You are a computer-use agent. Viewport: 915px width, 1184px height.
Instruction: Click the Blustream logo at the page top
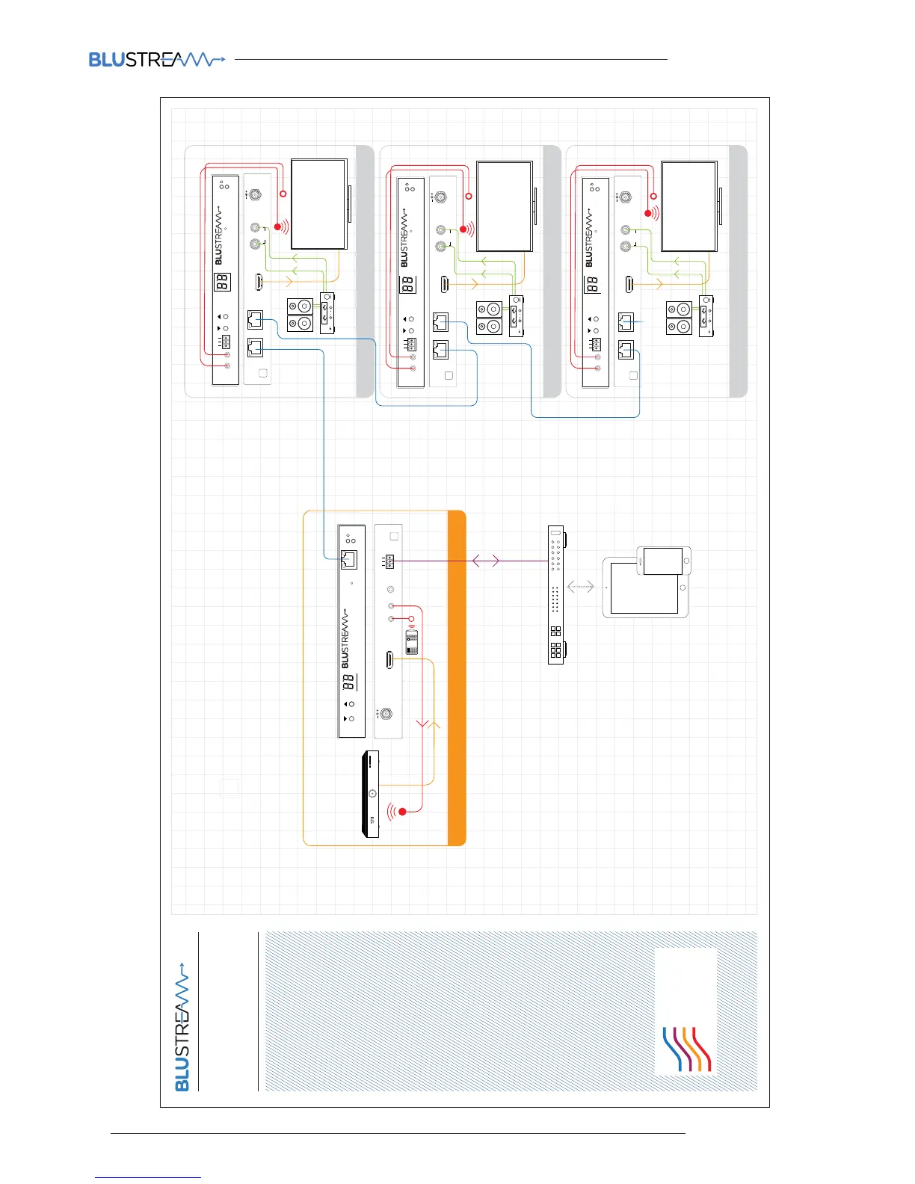pyautogui.click(x=156, y=59)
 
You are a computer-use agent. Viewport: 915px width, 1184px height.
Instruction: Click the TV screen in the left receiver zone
pyautogui.click(x=319, y=203)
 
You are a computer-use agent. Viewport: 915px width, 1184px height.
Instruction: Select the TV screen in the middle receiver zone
pyautogui.click(x=505, y=206)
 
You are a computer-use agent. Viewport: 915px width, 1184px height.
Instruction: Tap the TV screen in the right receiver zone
pyautogui.click(x=689, y=206)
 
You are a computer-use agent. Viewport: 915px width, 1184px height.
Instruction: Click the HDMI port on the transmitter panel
pyautogui.click(x=389, y=660)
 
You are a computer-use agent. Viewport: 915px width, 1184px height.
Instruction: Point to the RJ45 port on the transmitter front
pyautogui.click(x=348, y=559)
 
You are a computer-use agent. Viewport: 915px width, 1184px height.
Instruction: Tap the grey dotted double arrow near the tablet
pyautogui.click(x=581, y=587)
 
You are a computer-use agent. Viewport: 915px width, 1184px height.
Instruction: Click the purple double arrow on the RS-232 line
pyautogui.click(x=486, y=561)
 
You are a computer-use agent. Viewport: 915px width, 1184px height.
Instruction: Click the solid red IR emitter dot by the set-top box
pyautogui.click(x=403, y=811)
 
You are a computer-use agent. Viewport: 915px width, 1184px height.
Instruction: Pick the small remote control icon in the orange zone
pyautogui.click(x=412, y=642)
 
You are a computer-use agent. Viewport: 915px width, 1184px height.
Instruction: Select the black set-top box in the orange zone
pyautogui.click(x=371, y=794)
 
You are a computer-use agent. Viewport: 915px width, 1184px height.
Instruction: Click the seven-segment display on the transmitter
pyautogui.click(x=348, y=682)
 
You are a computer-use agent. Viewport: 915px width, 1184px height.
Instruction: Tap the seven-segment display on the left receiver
pyautogui.click(x=222, y=282)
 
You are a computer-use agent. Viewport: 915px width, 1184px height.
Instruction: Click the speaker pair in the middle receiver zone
pyautogui.click(x=489, y=318)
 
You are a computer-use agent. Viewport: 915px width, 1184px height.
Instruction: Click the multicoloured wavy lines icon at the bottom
pyautogui.click(x=686, y=1049)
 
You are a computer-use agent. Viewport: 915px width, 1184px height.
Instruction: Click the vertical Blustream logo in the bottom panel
pyautogui.click(x=182, y=1032)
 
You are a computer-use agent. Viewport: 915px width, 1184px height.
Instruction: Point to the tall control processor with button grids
pyautogui.click(x=556, y=594)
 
